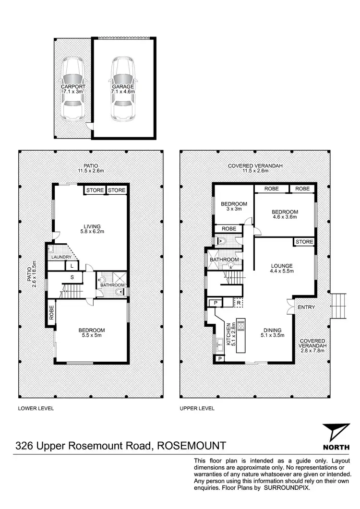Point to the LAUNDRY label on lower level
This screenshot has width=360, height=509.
click(62, 257)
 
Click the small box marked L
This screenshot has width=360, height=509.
click(72, 266)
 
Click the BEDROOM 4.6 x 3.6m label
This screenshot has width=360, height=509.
click(285, 214)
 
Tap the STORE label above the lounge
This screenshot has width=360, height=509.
click(304, 242)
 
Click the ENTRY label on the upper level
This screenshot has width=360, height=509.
click(306, 307)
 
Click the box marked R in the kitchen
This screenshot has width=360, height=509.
click(239, 303)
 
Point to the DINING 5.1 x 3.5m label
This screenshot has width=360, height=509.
click(272, 333)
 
